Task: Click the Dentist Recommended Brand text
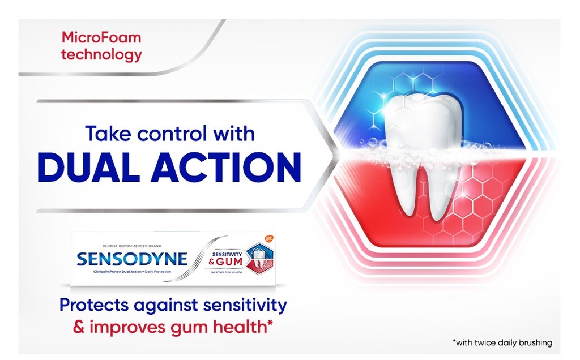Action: coord(132,246)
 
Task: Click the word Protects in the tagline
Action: coord(94,306)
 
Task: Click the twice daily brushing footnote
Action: coord(502,342)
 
